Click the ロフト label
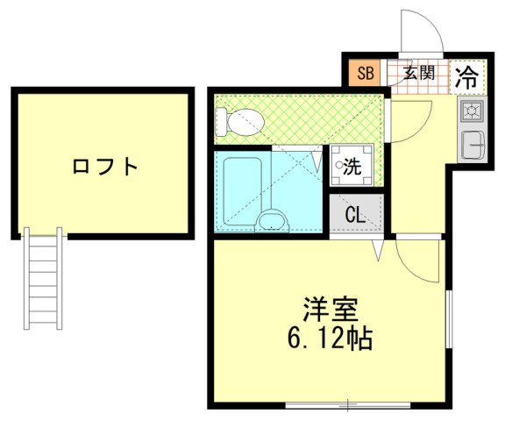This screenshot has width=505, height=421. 104,166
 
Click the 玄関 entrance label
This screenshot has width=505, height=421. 419,73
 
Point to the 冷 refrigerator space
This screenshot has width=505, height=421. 467,75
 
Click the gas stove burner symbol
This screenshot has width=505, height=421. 471,111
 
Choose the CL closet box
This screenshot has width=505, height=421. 354,213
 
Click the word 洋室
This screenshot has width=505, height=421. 328,310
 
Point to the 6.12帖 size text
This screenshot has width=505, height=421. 328,338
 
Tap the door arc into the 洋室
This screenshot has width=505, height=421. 419,260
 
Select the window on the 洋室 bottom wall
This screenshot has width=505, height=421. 348,405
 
